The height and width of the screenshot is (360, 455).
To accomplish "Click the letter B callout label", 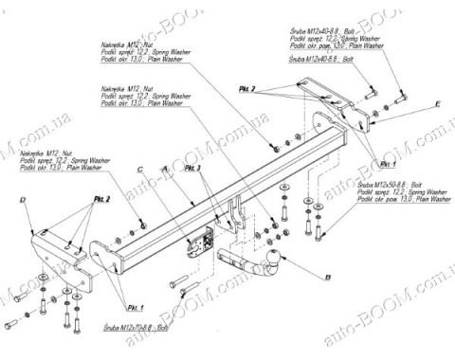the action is (x=328, y=278).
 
